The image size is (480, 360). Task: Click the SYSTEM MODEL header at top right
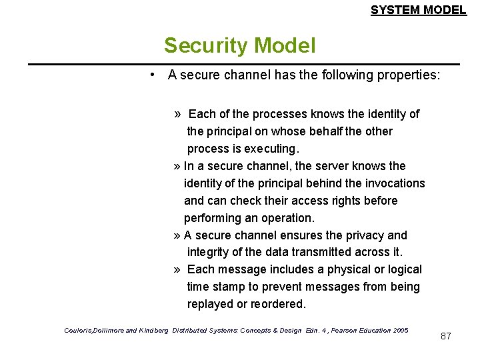pyautogui.click(x=418, y=10)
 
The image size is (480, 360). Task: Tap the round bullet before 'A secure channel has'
pyautogui.click(x=153, y=75)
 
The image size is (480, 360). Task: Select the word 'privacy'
pyautogui.click(x=364, y=235)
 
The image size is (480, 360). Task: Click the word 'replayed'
pyautogui.click(x=211, y=304)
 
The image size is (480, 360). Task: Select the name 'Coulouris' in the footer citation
pyautogui.click(x=80, y=330)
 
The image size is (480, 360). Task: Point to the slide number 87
pyautogui.click(x=446, y=336)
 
